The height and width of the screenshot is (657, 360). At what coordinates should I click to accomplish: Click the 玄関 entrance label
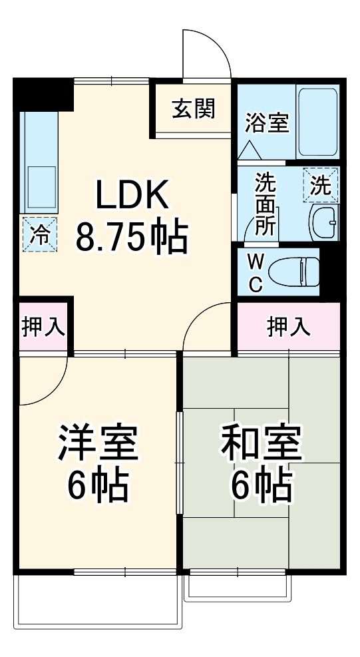(x=194, y=109)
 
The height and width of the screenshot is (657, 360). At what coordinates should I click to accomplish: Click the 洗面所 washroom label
(x=266, y=204)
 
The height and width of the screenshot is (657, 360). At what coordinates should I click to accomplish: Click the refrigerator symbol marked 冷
(x=41, y=234)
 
